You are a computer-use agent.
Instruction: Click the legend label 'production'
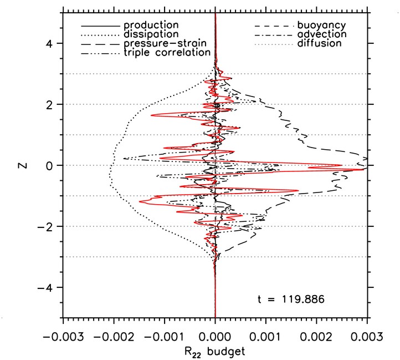151,26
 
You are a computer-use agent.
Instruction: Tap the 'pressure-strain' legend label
161,43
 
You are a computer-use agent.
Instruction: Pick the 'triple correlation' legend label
167,52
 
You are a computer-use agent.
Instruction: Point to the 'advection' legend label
322,34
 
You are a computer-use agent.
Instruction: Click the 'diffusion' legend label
319,43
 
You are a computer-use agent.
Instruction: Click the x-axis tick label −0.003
63,336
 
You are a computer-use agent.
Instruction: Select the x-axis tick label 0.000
215,336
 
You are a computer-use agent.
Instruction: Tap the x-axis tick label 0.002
316,336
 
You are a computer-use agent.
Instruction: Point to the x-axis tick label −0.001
164,336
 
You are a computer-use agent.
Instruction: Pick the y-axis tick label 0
49,165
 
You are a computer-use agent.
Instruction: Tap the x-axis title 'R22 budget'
215,351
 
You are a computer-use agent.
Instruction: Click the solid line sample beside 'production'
100,26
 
